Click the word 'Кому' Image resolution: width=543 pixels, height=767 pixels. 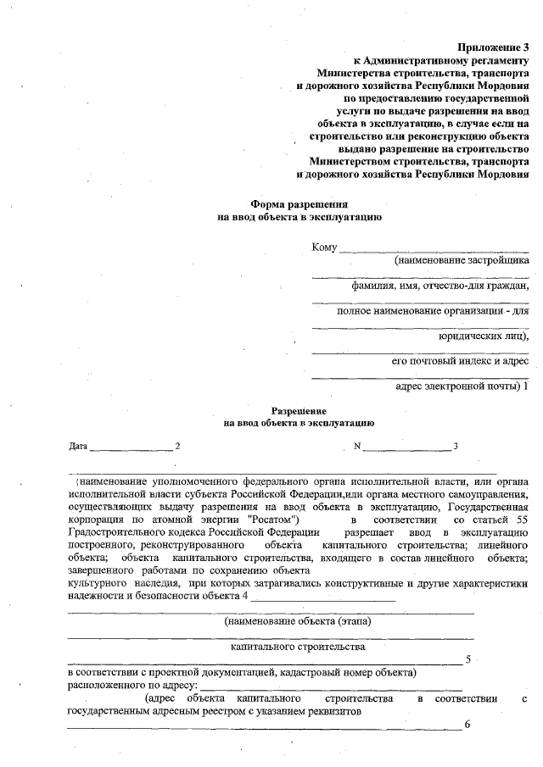click(x=324, y=247)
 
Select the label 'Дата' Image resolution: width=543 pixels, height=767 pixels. click(x=77, y=446)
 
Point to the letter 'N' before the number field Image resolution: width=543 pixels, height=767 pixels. click(x=358, y=446)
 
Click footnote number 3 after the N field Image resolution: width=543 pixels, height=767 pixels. click(x=456, y=446)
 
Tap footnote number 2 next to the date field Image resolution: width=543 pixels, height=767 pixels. click(x=177, y=446)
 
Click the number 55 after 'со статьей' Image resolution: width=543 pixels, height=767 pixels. click(x=523, y=518)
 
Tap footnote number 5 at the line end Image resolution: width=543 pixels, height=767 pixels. click(x=467, y=659)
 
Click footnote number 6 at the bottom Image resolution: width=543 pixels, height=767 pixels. click(x=467, y=725)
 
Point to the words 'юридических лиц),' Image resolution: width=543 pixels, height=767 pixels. click(x=483, y=336)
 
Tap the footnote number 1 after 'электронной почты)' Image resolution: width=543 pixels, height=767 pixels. click(x=526, y=387)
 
